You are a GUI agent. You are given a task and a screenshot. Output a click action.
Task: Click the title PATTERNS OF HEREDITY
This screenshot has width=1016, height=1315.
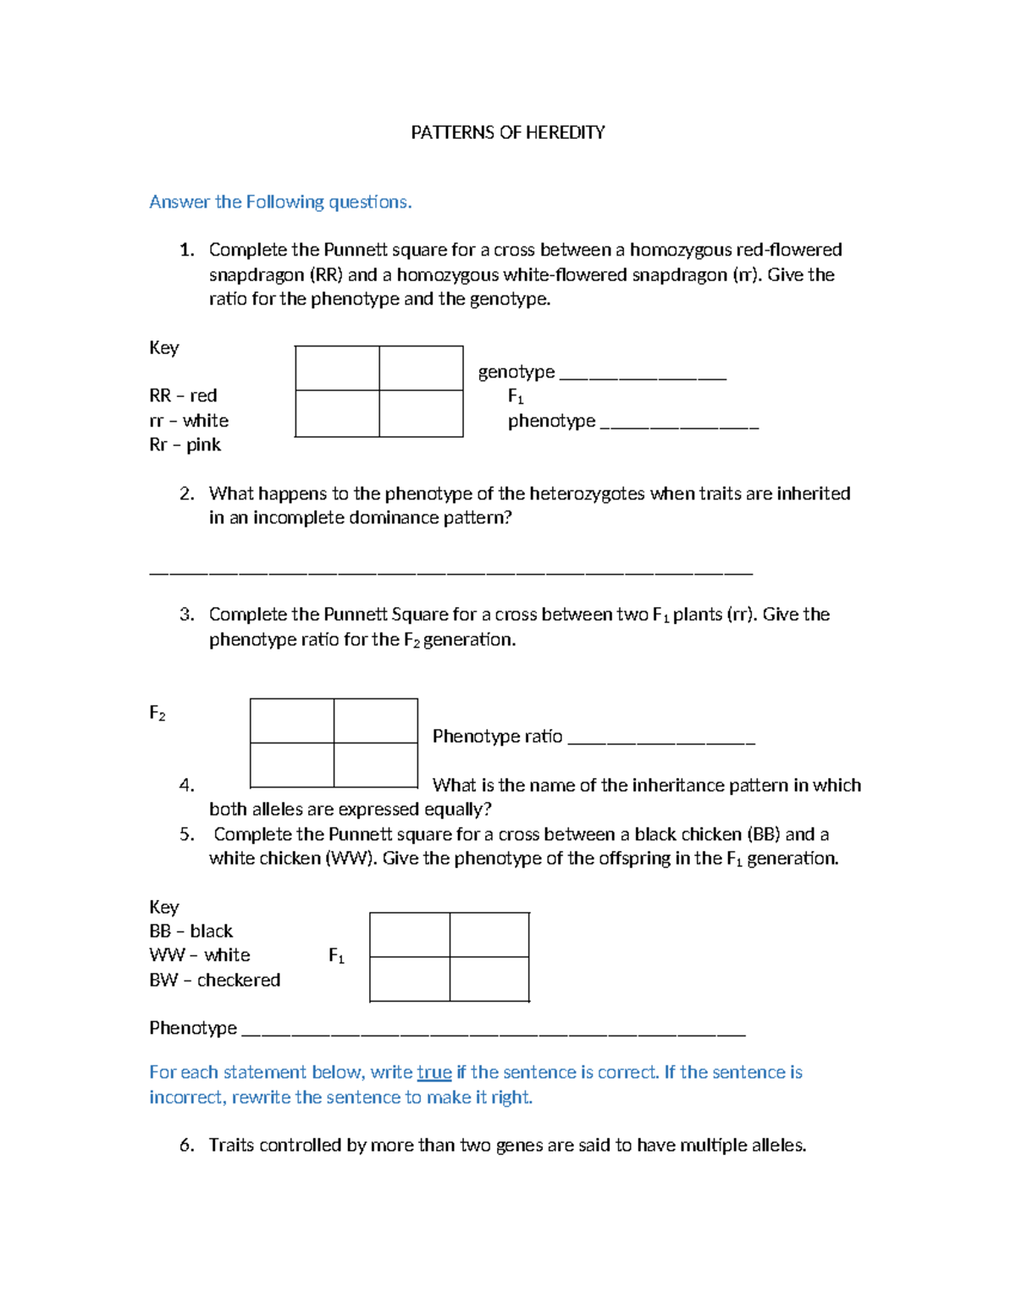pyautogui.click(x=507, y=132)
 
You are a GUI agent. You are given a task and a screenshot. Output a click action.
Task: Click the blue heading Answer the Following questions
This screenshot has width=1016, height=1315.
pyautogui.click(x=280, y=202)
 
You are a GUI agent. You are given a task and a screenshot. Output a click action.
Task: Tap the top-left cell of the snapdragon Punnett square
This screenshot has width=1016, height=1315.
pyautogui.click(x=337, y=368)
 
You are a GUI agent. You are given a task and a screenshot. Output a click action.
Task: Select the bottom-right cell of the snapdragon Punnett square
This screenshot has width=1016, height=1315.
pyautogui.click(x=421, y=413)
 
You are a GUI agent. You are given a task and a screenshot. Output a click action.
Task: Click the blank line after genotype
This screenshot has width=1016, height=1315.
pyautogui.click(x=643, y=374)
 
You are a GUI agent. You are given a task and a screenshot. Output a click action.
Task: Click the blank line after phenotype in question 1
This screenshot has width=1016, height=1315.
pyautogui.click(x=679, y=423)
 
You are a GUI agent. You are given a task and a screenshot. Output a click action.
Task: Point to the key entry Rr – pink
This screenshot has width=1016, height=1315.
pyautogui.click(x=185, y=445)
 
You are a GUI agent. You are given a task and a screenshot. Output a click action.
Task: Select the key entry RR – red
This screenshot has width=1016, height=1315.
pyautogui.click(x=183, y=395)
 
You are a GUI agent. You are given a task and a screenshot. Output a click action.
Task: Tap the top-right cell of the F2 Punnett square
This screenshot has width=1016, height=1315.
pyautogui.click(x=376, y=721)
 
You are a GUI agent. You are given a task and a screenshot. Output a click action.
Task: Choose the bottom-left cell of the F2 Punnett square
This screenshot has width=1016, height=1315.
pyautogui.click(x=292, y=765)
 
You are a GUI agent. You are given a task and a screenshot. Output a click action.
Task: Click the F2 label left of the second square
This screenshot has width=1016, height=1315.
pyautogui.click(x=157, y=713)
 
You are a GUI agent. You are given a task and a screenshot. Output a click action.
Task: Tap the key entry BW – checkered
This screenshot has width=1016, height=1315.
pyautogui.click(x=214, y=980)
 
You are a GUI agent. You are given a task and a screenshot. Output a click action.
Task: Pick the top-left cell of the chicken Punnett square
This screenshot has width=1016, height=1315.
pyautogui.click(x=410, y=935)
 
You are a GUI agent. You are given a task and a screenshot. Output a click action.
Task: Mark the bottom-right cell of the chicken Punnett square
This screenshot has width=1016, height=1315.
pyautogui.click(x=489, y=979)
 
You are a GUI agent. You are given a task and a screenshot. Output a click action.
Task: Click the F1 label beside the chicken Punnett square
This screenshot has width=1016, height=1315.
pyautogui.click(x=336, y=956)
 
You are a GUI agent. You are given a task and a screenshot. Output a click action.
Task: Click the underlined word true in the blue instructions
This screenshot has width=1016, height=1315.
pyautogui.click(x=433, y=1072)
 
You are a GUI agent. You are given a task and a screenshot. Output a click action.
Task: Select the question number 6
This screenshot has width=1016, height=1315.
pyautogui.click(x=187, y=1145)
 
